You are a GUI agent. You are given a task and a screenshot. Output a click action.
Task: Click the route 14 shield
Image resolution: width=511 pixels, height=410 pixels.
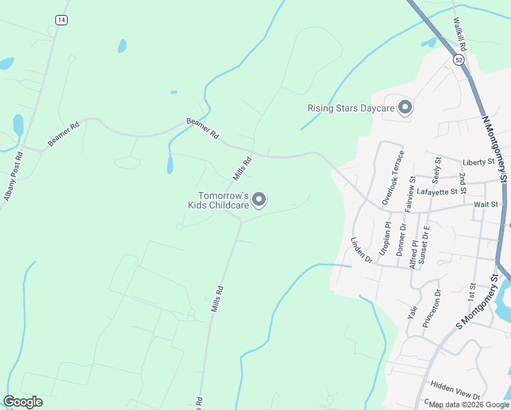[x=62, y=20]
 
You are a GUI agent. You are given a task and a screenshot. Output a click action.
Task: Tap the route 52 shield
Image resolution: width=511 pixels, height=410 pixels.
[x=458, y=60]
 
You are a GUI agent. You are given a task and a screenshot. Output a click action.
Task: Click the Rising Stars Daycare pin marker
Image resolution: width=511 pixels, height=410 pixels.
[x=406, y=108]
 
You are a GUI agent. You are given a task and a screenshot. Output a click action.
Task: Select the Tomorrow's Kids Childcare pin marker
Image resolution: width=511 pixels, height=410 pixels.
[x=259, y=199]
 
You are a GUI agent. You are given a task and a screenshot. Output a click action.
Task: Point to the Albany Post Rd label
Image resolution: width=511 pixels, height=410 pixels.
[x=13, y=176]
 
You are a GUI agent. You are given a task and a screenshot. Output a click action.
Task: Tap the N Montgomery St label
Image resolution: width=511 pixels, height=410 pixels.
[x=496, y=148]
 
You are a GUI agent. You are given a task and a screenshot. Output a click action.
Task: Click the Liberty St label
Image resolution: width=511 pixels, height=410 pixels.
[x=478, y=162]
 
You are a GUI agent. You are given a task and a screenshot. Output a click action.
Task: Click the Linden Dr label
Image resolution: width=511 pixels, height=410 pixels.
[x=361, y=250]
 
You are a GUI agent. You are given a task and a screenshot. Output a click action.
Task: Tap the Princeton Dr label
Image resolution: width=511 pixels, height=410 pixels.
[x=432, y=308]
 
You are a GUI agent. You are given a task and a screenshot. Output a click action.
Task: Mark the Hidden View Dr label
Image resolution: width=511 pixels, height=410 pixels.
[x=456, y=390]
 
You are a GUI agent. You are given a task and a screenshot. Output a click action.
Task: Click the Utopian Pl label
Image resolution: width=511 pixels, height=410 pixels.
[x=386, y=238]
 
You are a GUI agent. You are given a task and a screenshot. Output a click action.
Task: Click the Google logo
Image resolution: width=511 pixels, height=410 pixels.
[x=23, y=402]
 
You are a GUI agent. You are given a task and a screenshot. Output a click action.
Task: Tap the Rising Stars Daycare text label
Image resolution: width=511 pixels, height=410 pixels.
[x=351, y=108]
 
